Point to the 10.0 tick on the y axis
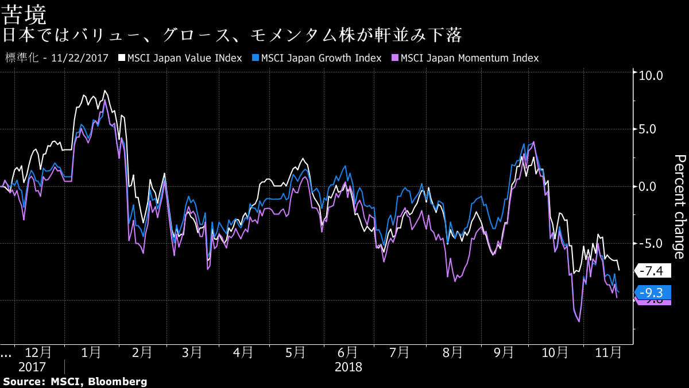click(652, 75)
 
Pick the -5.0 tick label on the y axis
click(652, 243)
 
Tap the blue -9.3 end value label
click(652, 291)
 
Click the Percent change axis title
click(679, 206)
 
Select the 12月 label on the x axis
click(38, 352)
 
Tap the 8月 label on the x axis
click(452, 352)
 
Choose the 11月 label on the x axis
click(607, 352)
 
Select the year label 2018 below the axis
click(349, 367)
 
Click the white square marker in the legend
click(122, 58)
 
